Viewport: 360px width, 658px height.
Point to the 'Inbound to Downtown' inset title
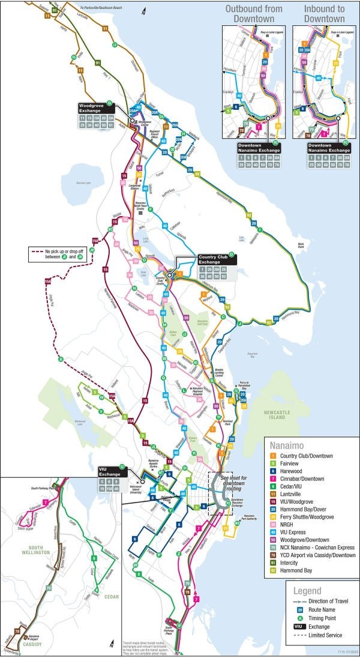(x=324, y=14)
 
